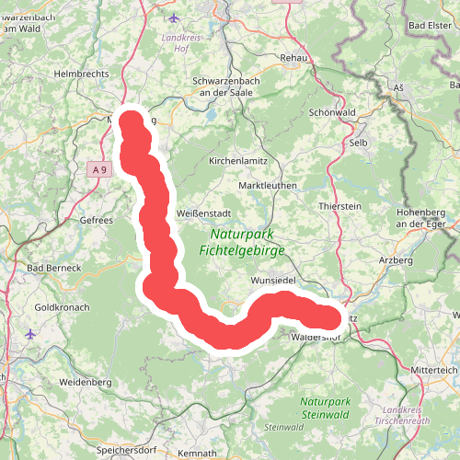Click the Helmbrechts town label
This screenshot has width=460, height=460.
[82, 73]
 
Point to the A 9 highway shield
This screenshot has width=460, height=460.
[99, 169]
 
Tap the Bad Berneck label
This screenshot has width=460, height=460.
[54, 268]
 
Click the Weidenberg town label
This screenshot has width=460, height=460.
[85, 381]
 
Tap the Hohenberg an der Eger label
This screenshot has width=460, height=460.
[422, 218]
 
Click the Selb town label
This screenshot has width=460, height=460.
[358, 144]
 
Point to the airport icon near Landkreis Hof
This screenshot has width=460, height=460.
[175, 18]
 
